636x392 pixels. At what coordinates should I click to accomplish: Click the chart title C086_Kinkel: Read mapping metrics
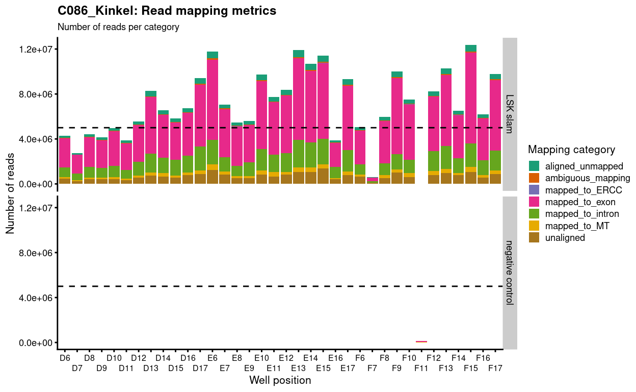coord(167,10)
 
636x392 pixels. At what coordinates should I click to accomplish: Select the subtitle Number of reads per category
coord(118,27)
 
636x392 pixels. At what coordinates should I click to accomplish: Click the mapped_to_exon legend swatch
coord(534,202)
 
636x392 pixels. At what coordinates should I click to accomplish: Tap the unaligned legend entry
coord(565,237)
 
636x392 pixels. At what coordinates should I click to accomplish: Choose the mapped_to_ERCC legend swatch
coord(534,190)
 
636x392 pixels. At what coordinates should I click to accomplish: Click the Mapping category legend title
coord(571,150)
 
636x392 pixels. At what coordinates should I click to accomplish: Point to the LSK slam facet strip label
coord(510,114)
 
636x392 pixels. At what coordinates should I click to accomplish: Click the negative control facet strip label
coord(510,273)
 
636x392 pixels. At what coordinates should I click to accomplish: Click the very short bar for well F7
coord(373,180)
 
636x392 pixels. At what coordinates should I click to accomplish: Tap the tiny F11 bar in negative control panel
coord(421,341)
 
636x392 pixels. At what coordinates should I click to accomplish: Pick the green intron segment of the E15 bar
coord(323,152)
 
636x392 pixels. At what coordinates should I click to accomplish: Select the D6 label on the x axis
coord(65,358)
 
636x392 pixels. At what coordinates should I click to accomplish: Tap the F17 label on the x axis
coord(495,368)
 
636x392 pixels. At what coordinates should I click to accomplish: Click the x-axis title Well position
coord(280,381)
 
